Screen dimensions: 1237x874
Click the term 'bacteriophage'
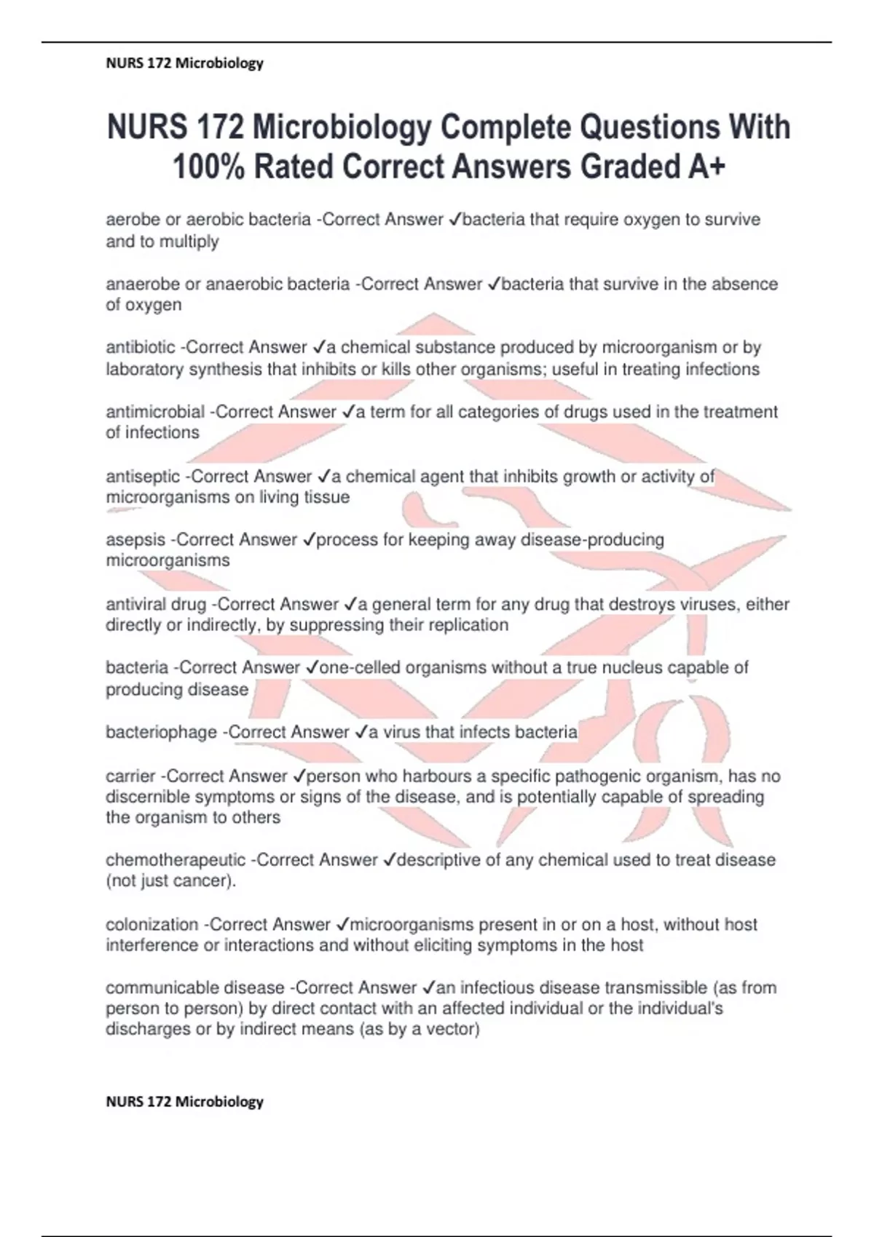[161, 732]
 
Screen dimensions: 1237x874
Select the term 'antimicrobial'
[155, 412]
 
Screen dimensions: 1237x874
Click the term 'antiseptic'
[143, 477]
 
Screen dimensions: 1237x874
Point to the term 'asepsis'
[135, 540]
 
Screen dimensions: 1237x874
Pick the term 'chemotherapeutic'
[176, 860]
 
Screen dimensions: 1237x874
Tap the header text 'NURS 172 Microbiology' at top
[184, 63]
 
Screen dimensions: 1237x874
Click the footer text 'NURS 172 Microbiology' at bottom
[184, 1102]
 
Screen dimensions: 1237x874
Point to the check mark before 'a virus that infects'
[361, 732]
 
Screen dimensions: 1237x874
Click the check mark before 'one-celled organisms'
[312, 668]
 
